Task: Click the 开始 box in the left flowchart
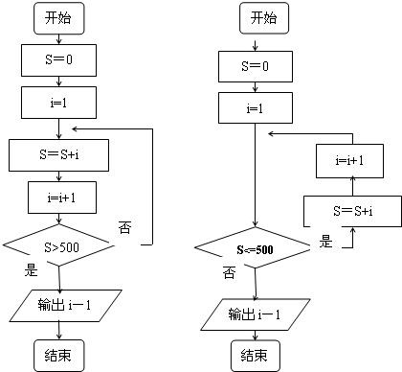click(59, 17)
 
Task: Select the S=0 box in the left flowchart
click(59, 60)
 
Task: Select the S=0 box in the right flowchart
click(256, 66)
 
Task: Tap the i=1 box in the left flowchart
click(59, 102)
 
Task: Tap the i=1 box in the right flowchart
click(256, 108)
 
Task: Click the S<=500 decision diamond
click(256, 249)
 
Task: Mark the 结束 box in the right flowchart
click(256, 356)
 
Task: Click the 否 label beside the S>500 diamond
click(124, 227)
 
